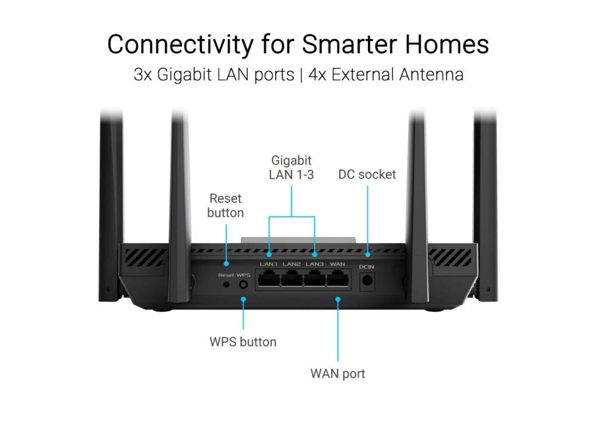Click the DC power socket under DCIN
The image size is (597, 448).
point(367,281)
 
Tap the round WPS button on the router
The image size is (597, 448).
point(243,284)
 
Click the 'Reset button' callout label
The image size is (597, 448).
point(226,205)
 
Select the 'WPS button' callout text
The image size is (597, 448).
point(243,342)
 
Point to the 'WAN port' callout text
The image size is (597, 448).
point(338,373)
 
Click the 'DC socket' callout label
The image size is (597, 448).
point(367,174)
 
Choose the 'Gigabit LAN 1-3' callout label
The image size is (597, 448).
point(292,167)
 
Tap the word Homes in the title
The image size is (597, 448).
point(447,44)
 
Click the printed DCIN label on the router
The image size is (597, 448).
point(367,267)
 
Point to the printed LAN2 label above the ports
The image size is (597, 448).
point(292,264)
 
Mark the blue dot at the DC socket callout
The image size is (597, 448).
point(367,254)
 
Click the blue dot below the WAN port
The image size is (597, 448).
point(338,299)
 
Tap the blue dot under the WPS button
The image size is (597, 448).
point(243,299)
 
